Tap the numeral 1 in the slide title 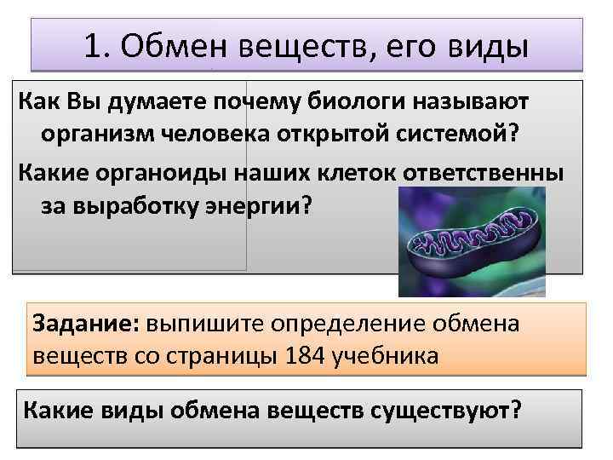94,47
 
